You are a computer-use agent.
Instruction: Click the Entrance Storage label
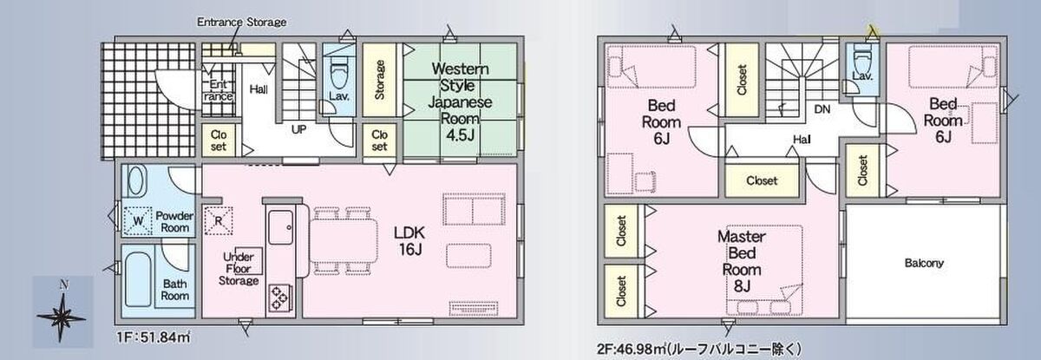pyautogui.click(x=241, y=22)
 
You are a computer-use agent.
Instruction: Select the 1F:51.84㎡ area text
pyautogui.click(x=154, y=337)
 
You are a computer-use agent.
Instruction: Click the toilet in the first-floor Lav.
pyautogui.click(x=338, y=74)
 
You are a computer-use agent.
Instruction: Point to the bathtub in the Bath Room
pyautogui.click(x=138, y=279)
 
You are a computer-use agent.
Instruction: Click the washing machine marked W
pyautogui.click(x=138, y=220)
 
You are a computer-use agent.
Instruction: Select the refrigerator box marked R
pyautogui.click(x=219, y=220)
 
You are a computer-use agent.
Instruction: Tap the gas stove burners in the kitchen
pyautogui.click(x=279, y=298)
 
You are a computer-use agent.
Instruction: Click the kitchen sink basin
pyautogui.click(x=281, y=227)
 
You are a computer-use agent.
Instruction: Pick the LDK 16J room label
pyautogui.click(x=409, y=240)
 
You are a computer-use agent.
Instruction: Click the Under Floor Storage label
pyautogui.click(x=239, y=269)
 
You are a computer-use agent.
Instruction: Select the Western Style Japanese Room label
pyautogui.click(x=460, y=94)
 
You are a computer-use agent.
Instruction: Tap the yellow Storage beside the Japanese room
pyautogui.click(x=379, y=80)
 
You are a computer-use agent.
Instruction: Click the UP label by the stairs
pyautogui.click(x=298, y=129)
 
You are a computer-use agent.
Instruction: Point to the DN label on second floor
pyautogui.click(x=822, y=109)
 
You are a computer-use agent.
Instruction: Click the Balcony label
pyautogui.click(x=924, y=264)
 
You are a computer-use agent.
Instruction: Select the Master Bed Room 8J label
pyautogui.click(x=742, y=261)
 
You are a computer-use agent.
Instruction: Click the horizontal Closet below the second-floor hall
pyautogui.click(x=762, y=180)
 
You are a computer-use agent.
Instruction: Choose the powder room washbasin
pyautogui.click(x=135, y=181)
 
